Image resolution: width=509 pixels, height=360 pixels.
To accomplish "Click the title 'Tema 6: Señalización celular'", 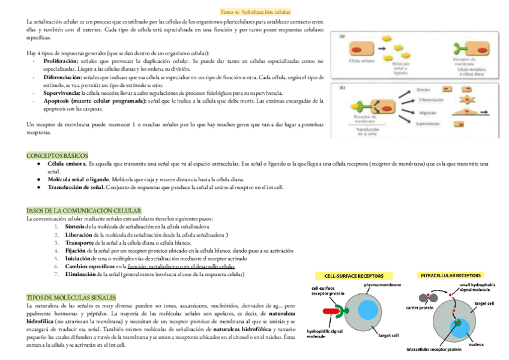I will click(255, 11).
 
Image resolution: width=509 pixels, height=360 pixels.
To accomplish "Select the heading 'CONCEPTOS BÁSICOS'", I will click(57, 155).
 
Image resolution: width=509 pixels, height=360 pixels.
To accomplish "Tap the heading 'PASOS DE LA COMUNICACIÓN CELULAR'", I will click(83, 211).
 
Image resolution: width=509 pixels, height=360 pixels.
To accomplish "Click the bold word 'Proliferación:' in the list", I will click(61, 61).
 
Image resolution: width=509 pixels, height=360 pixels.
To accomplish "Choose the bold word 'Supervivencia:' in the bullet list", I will click(62, 93).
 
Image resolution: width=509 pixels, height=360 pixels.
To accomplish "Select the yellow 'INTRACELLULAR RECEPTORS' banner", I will click(451, 275).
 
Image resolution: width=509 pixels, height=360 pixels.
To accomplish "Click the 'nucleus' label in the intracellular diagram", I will click(476, 344).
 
